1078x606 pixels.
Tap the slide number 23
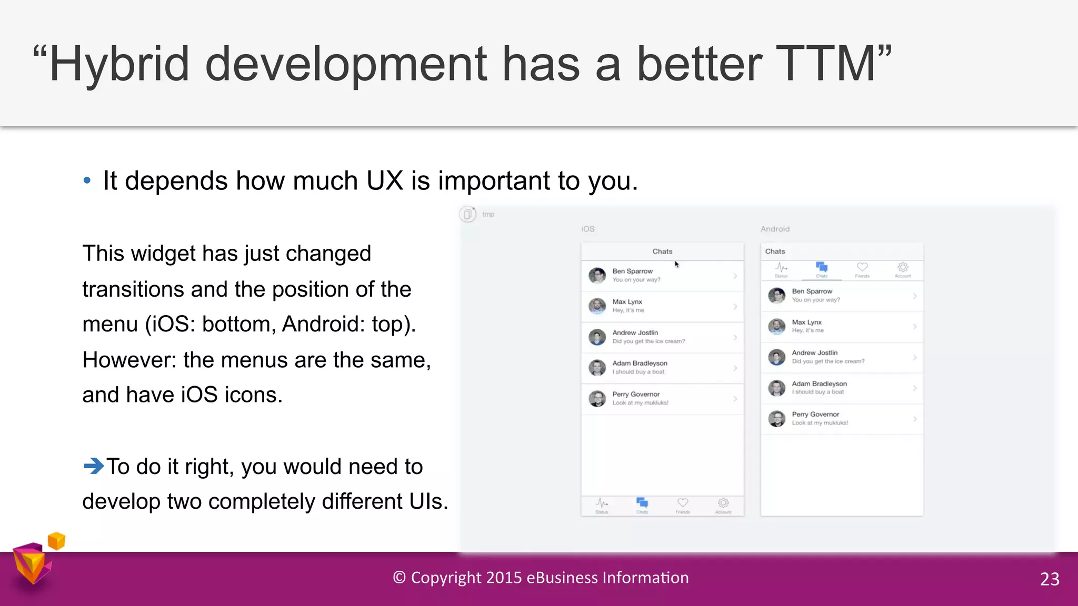(1050, 579)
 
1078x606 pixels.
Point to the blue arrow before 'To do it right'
(94, 466)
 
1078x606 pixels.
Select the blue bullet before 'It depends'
(87, 181)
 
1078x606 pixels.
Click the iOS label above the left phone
(588, 229)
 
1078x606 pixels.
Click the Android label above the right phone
(775, 229)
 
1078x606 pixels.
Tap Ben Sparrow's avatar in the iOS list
(597, 275)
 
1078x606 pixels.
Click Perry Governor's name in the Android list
(815, 415)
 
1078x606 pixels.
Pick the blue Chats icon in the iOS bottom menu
(642, 503)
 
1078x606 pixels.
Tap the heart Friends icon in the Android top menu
(862, 267)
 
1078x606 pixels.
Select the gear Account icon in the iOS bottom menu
(723, 503)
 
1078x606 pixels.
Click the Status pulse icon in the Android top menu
(781, 267)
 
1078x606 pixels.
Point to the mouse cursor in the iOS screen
(677, 265)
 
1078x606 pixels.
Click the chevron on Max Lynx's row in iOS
(735, 306)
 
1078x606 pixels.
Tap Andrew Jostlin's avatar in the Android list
(776, 357)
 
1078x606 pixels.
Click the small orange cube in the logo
(56, 541)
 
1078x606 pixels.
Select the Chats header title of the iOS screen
(662, 251)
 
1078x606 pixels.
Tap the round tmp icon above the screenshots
(467, 214)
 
